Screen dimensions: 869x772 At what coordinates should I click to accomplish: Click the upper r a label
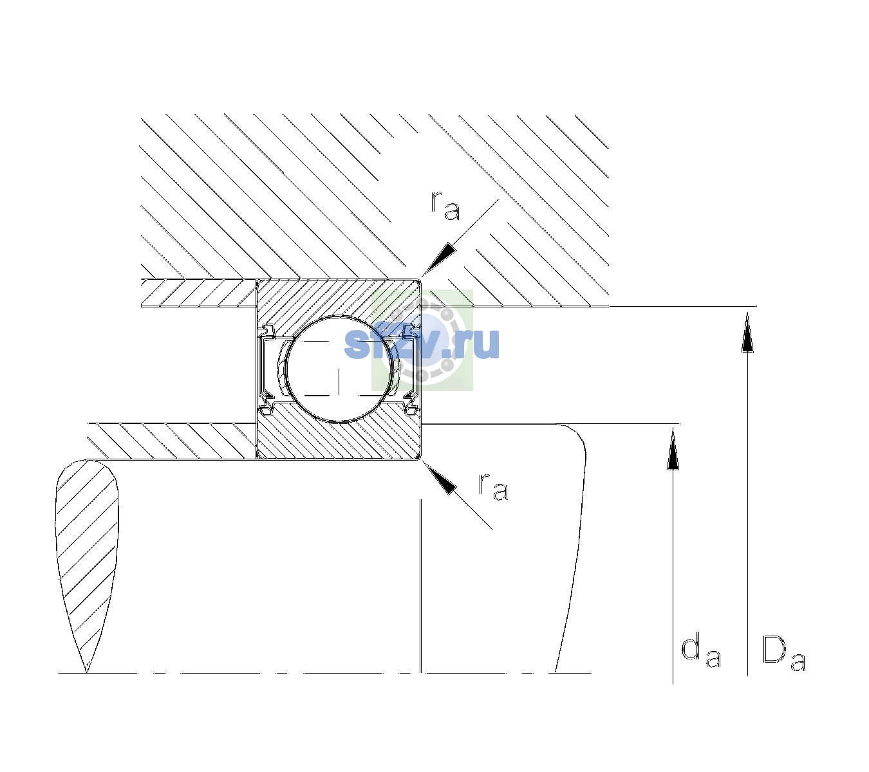[x=445, y=206]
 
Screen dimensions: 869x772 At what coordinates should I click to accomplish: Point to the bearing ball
[x=339, y=369]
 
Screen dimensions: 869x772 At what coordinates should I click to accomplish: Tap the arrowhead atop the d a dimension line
[x=673, y=448]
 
